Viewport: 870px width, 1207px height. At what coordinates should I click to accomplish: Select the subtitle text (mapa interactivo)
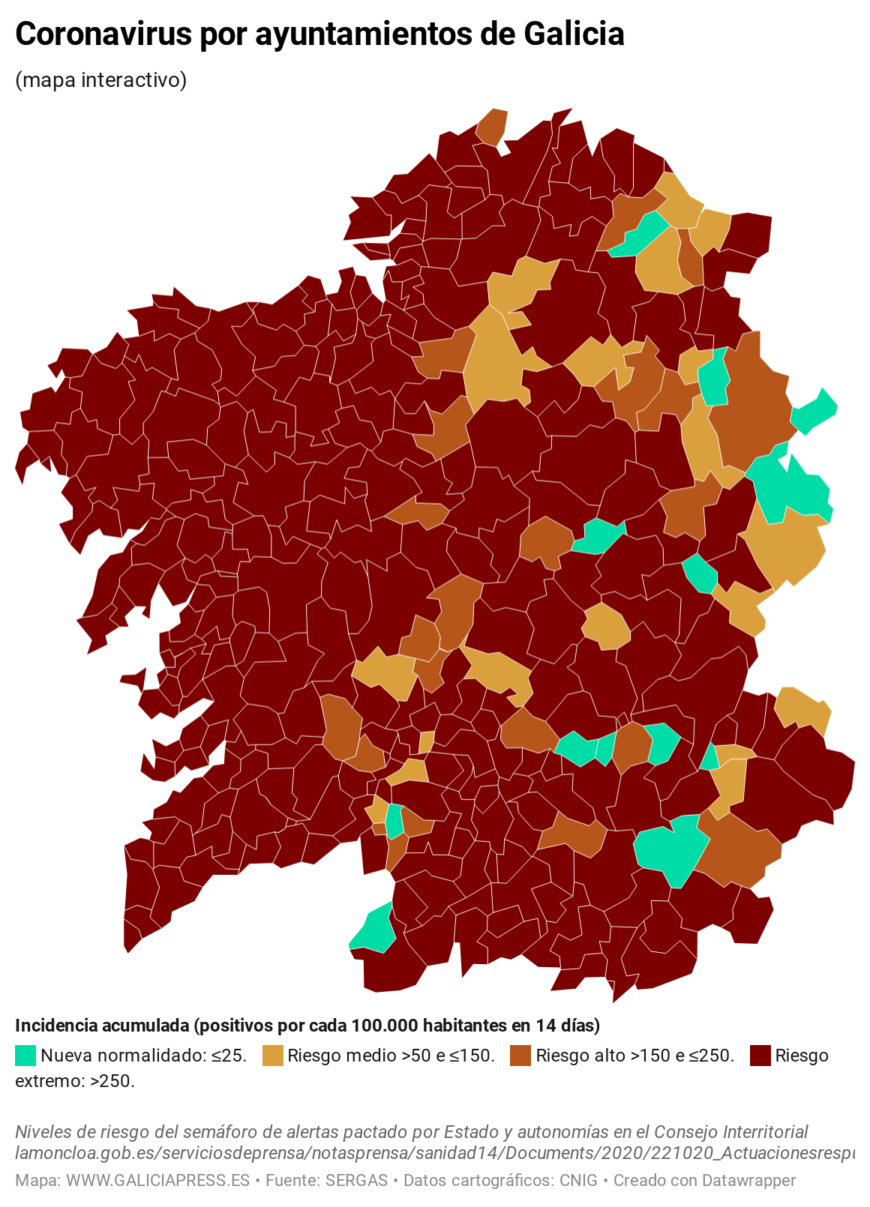click(101, 79)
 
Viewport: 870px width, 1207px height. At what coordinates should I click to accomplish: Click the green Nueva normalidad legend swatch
click(25, 1056)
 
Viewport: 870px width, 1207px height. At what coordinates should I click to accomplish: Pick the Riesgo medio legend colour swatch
click(273, 1056)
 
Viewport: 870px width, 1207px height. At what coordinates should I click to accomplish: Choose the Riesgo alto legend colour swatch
click(520, 1056)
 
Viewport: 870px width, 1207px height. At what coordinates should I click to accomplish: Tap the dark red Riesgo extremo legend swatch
click(760, 1056)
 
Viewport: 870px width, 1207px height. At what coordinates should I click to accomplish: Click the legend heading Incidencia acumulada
click(102, 1025)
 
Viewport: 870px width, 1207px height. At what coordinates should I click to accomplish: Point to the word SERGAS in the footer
click(356, 1181)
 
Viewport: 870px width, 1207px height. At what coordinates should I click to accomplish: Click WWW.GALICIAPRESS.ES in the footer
click(157, 1181)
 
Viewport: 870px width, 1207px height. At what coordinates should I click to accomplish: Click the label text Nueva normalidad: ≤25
click(143, 1056)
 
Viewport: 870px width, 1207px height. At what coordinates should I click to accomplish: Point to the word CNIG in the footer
click(578, 1181)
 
